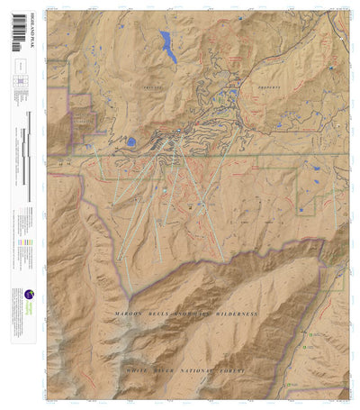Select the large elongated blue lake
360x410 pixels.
[168, 46]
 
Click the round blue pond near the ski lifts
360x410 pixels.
[131, 142]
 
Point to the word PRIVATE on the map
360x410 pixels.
[142, 87]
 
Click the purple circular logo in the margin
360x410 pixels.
[29, 294]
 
